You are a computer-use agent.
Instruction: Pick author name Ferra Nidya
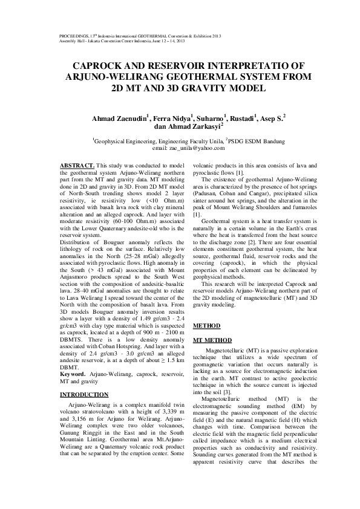point(172,117)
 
